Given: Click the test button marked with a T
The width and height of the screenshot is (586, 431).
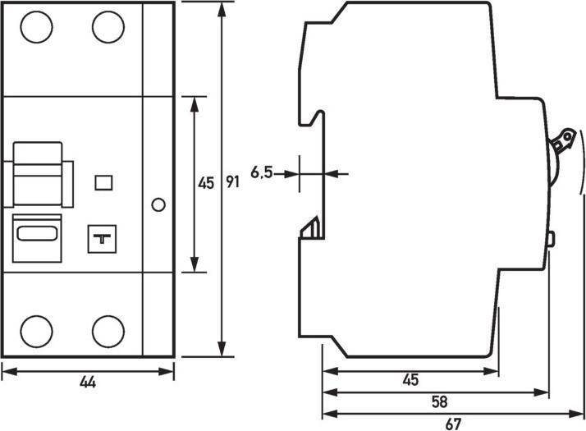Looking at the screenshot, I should pos(103,239).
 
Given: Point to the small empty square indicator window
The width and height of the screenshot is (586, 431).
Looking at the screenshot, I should pos(103,182).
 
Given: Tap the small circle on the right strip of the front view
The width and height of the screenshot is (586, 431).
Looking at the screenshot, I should pos(159,204).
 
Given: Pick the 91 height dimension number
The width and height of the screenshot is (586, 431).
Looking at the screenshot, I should pos(232,183).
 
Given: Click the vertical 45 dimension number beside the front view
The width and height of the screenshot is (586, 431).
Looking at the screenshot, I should pos(206,183).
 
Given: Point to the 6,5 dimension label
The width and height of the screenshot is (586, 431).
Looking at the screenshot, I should pos(263,172).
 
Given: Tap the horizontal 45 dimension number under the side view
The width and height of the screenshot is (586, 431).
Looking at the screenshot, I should pos(411,380).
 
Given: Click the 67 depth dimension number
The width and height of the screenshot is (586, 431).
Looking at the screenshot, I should pos(452,424).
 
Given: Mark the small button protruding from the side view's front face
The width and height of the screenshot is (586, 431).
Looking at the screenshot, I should pos(550,239).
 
